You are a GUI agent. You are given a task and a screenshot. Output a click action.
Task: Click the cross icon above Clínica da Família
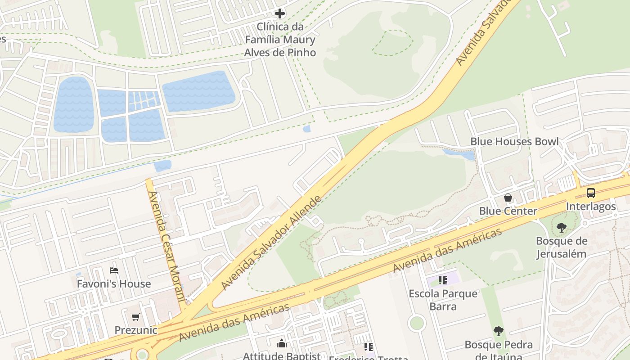point(280,13)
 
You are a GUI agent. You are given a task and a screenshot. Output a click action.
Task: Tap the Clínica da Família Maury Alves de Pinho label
point(280,40)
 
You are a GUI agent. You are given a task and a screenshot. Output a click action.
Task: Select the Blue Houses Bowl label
point(514,141)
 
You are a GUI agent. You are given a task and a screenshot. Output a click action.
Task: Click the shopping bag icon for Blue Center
point(508,198)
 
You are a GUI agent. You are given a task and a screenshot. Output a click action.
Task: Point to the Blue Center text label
point(508,211)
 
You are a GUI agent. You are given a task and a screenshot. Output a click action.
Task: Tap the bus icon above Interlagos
point(590,193)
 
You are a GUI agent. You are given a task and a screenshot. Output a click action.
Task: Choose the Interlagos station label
point(590,206)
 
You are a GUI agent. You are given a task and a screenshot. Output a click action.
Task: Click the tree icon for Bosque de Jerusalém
point(561,228)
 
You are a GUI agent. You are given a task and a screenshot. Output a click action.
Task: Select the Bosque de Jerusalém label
point(561,247)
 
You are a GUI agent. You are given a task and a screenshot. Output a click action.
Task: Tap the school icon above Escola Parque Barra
point(443,280)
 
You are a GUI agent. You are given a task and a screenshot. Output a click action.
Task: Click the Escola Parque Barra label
point(443,300)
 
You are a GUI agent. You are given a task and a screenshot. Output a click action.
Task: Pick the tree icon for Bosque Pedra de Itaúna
point(498,332)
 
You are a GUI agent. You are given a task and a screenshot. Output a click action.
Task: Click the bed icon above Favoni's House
point(114,270)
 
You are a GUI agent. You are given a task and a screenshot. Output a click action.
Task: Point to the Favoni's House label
point(114,284)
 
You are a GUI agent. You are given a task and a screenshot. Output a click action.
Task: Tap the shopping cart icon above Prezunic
point(136,317)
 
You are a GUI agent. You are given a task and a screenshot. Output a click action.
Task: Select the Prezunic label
point(136,330)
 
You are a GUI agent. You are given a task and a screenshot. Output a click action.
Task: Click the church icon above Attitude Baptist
point(282,344)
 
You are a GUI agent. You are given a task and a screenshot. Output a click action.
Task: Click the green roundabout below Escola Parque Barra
point(417,323)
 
